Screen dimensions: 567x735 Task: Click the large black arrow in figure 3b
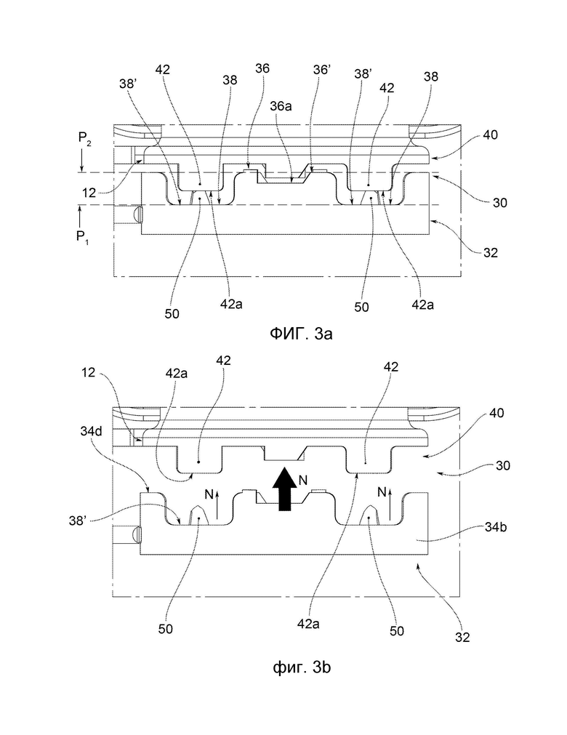point(284,489)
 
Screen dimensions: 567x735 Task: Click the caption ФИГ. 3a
point(301,334)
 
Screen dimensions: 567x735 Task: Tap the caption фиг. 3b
point(302,667)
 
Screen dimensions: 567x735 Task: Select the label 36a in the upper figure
point(281,106)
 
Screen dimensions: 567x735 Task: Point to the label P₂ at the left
point(85,138)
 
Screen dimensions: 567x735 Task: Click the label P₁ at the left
point(83,237)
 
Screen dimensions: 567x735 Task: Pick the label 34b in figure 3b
point(496,527)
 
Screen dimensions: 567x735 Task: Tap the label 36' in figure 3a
point(322,70)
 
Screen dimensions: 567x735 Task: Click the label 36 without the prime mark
point(262,68)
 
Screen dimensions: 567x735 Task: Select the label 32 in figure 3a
point(490,253)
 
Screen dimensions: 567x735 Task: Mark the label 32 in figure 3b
point(462,637)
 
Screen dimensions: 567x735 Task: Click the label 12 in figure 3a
point(89,192)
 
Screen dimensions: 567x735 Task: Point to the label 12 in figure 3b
point(88,373)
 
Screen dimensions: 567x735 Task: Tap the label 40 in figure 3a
point(490,135)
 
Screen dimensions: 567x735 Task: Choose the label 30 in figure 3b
point(502,465)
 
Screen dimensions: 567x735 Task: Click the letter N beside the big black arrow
point(303,480)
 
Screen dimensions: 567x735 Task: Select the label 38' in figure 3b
point(78,521)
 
